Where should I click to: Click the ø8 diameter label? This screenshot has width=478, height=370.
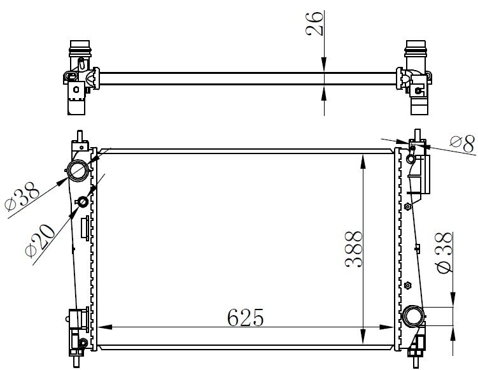(x=461, y=144)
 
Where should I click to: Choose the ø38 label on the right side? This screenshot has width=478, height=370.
(x=445, y=253)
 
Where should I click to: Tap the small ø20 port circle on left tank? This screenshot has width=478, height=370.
(x=82, y=203)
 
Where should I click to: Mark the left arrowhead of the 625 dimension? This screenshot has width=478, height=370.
(x=102, y=327)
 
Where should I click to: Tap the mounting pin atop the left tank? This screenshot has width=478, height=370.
(x=79, y=137)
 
